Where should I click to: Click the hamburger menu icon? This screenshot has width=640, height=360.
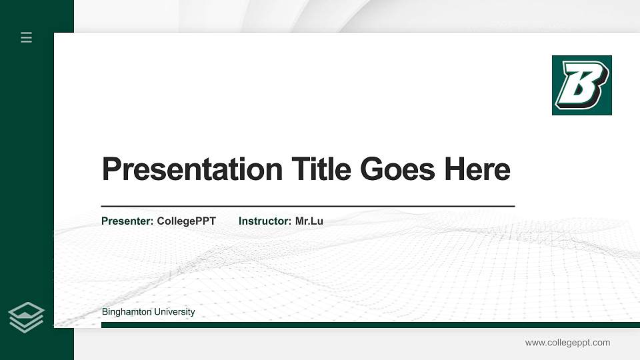tap(27, 37)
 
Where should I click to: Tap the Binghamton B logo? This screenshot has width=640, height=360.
tap(581, 85)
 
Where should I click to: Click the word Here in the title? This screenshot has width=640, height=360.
tap(477, 169)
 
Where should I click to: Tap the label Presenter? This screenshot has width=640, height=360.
tap(127, 221)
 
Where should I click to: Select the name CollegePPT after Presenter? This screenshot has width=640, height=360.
tap(186, 221)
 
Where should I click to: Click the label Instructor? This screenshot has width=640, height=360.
tap(265, 221)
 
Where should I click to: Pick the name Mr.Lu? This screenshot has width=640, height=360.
tap(309, 221)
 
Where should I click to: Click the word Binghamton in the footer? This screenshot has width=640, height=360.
tap(127, 312)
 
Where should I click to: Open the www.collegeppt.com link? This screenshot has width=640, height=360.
tap(567, 343)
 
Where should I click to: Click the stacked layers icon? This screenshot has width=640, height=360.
tap(26, 317)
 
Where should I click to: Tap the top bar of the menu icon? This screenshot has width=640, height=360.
tap(27, 33)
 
